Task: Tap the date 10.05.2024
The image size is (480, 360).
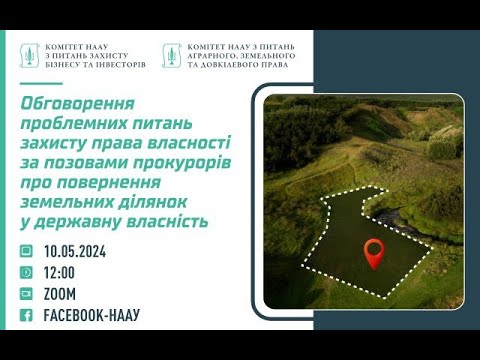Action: point(75,252)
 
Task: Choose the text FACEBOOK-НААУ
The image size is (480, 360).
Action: point(92,316)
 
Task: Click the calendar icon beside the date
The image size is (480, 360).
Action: point(25,252)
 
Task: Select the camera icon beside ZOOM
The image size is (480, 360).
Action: point(25,294)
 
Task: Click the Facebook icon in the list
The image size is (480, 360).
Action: point(25,316)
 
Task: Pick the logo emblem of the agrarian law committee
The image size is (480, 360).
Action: point(171,55)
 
